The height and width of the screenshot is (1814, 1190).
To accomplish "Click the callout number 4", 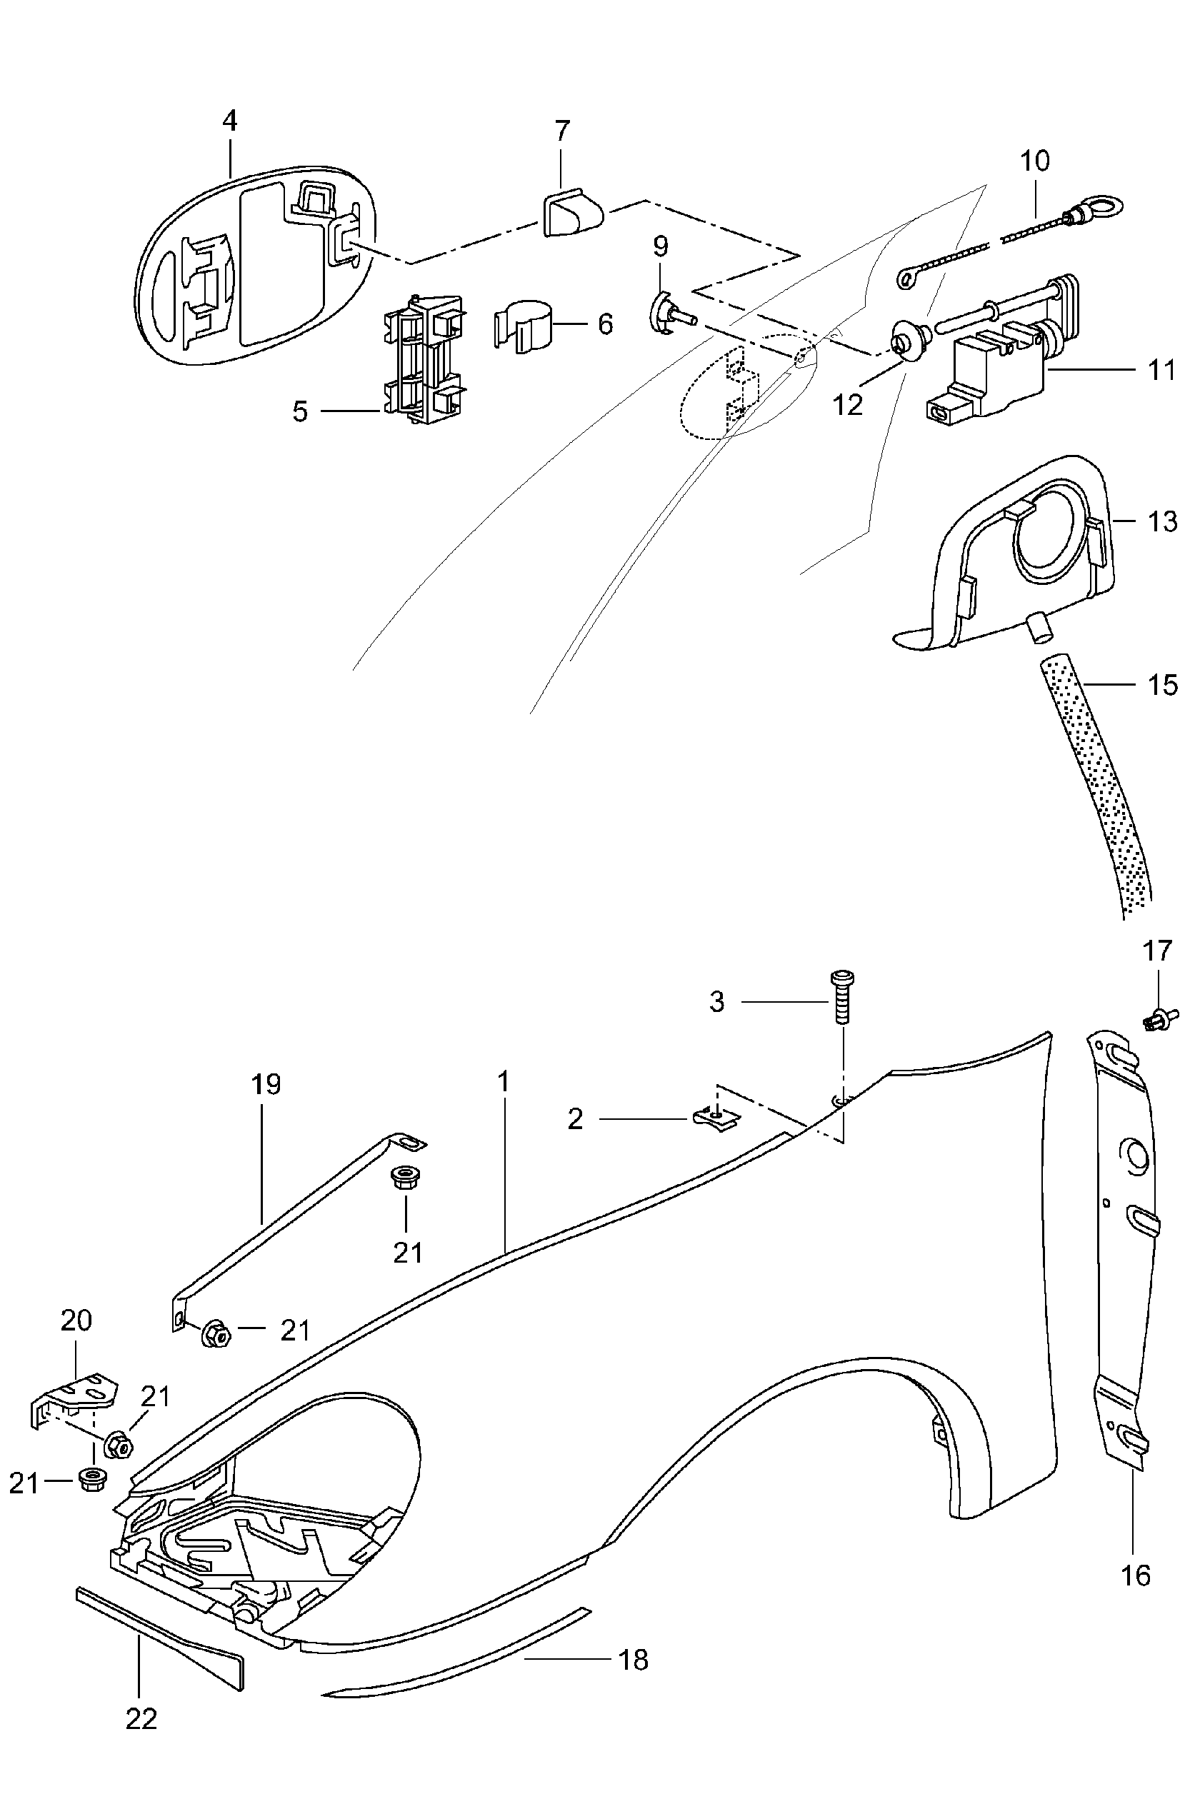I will (x=229, y=121).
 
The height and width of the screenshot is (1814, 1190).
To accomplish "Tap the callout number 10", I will (x=1034, y=161).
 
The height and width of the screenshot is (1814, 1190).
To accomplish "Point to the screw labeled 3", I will (x=842, y=998).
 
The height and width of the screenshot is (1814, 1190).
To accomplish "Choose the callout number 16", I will (x=1135, y=1575).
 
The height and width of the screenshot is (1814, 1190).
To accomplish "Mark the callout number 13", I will (x=1162, y=521).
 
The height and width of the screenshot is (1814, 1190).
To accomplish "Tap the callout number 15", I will (x=1162, y=685).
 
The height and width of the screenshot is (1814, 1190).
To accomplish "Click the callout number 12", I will (x=847, y=404).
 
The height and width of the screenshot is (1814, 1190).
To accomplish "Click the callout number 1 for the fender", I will (x=502, y=1081).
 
